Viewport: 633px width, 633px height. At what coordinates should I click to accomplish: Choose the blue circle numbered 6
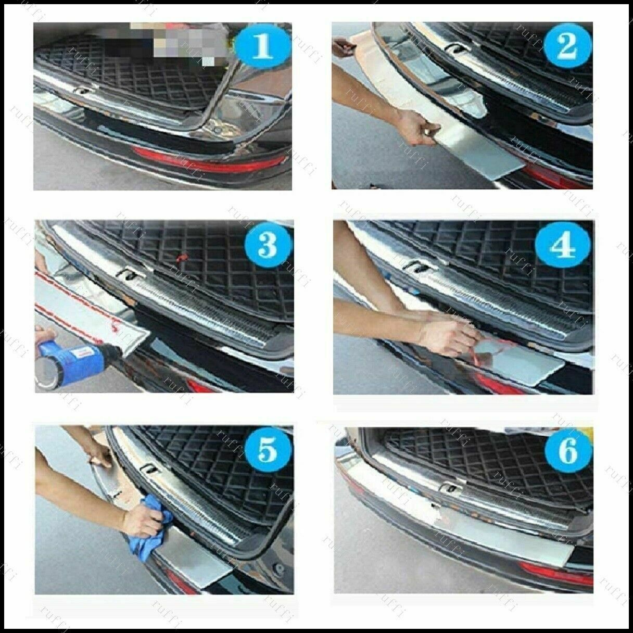(567, 451)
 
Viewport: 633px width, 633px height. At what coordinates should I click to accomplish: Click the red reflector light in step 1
(208, 157)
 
